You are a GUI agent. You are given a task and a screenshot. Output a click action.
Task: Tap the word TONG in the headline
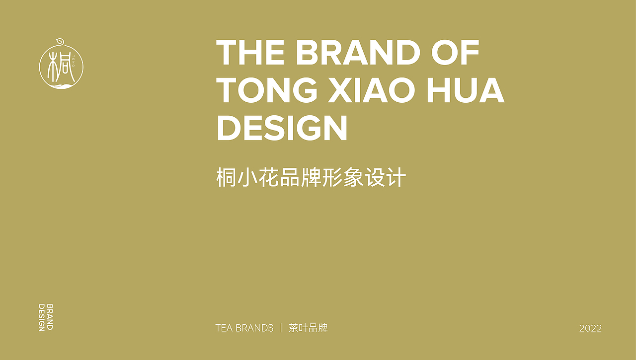click(267, 90)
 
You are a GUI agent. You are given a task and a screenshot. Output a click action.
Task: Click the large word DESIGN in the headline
click(282, 128)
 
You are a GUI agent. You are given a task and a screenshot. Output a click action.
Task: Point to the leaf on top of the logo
click(59, 41)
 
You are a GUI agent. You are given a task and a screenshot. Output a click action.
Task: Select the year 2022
click(590, 328)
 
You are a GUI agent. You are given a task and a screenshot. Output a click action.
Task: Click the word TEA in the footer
click(224, 328)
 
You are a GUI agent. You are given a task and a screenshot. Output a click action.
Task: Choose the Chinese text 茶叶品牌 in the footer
click(308, 328)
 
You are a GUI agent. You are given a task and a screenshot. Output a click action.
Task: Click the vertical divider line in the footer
click(281, 328)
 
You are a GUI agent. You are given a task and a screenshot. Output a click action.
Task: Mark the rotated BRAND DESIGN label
click(46, 317)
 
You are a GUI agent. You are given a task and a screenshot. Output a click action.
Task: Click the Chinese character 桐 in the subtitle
click(226, 178)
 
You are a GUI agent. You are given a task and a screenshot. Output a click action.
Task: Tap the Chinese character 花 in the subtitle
click(268, 178)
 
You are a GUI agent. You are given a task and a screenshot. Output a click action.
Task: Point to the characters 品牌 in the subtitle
click(301, 178)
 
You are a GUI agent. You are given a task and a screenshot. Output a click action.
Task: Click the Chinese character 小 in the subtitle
click(247, 178)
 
